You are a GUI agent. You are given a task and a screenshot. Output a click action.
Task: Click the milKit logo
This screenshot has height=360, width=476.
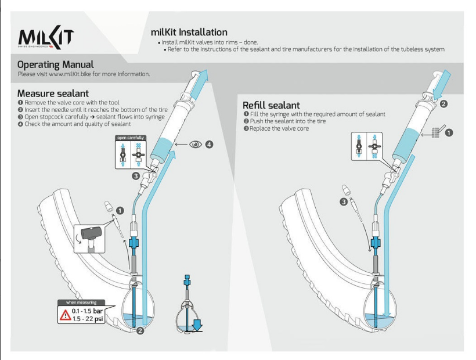point(46,37)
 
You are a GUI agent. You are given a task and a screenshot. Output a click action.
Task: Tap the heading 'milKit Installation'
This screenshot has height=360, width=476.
point(189,33)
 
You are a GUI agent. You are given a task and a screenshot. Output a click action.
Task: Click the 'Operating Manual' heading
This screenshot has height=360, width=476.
point(55,64)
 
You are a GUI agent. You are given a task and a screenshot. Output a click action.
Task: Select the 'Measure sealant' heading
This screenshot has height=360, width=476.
point(53,93)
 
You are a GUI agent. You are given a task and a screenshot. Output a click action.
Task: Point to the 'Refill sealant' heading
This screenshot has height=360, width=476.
point(271,105)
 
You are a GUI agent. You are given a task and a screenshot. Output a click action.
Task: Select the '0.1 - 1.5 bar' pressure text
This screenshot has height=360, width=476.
point(87,311)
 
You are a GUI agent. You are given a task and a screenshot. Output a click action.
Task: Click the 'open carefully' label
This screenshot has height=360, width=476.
point(131,138)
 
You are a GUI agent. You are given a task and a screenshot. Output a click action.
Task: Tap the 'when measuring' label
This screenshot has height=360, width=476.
point(81,303)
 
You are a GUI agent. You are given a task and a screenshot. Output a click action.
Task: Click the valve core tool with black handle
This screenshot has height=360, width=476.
point(92,235)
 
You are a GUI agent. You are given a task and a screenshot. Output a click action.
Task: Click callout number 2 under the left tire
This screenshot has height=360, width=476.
point(140,332)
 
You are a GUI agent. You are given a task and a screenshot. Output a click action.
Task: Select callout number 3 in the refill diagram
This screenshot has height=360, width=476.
point(344,202)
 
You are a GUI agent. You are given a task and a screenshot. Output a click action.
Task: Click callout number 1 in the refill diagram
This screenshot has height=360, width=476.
point(449,133)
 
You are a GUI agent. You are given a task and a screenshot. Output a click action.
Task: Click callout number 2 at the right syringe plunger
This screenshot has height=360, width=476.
point(443,105)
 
